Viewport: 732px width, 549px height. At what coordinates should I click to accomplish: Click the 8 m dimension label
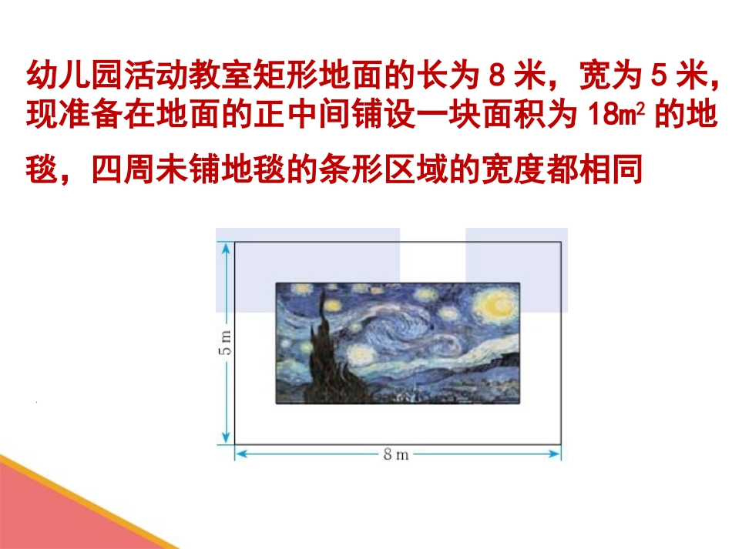tap(397, 454)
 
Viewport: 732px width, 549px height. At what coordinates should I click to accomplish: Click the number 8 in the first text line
tap(497, 78)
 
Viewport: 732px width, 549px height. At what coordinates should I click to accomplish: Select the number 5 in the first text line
tap(658, 78)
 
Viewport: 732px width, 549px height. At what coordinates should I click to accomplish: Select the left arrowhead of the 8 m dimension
tap(240, 454)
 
